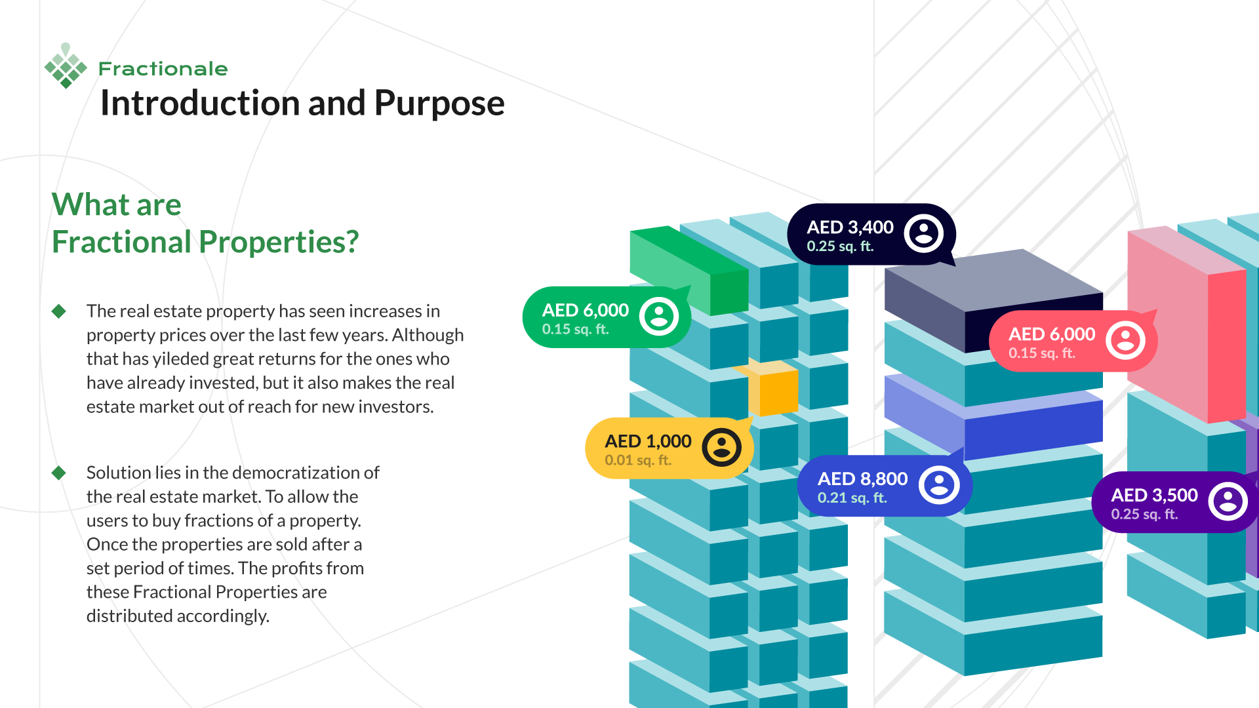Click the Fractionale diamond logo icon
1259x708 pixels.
coord(66,66)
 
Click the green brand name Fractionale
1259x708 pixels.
coord(163,69)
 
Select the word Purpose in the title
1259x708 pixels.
coord(439,104)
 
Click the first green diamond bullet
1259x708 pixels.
coord(59,311)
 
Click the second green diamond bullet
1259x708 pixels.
coord(59,473)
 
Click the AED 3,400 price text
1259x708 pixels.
coord(850,227)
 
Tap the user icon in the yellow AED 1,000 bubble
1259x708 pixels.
coord(721,448)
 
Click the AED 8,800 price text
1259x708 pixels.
coord(862,479)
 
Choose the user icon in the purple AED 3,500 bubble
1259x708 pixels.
coord(1228,501)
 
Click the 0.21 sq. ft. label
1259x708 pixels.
coord(852,498)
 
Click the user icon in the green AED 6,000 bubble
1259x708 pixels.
coord(659,317)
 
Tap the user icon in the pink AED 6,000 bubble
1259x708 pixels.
coord(1125,340)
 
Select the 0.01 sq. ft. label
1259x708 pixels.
coord(637,460)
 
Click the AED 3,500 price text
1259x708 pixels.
coord(1154,495)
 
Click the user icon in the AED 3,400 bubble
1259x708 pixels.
coord(924,233)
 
